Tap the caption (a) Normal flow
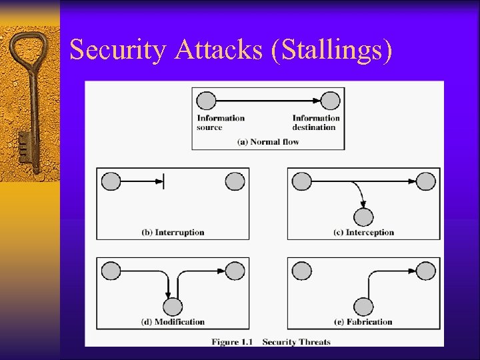pyautogui.click(x=268, y=141)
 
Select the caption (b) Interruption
pyautogui.click(x=173, y=232)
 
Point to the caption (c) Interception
pyautogui.click(x=363, y=232)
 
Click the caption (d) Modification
pyautogui.click(x=173, y=321)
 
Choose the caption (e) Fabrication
pyautogui.click(x=364, y=321)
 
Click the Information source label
pyautogui.click(x=221, y=123)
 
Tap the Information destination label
pyautogui.click(x=316, y=123)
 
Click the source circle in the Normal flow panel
pyautogui.click(x=207, y=101)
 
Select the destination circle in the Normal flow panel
pyautogui.click(x=330, y=101)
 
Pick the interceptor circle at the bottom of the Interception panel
pyautogui.click(x=363, y=217)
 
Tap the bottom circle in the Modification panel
pyautogui.click(x=173, y=307)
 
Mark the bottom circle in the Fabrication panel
pyautogui.click(x=363, y=307)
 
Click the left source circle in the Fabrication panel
pyautogui.click(x=302, y=271)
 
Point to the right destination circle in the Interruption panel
pyautogui.click(x=235, y=181)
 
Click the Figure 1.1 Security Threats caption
pyautogui.click(x=271, y=342)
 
